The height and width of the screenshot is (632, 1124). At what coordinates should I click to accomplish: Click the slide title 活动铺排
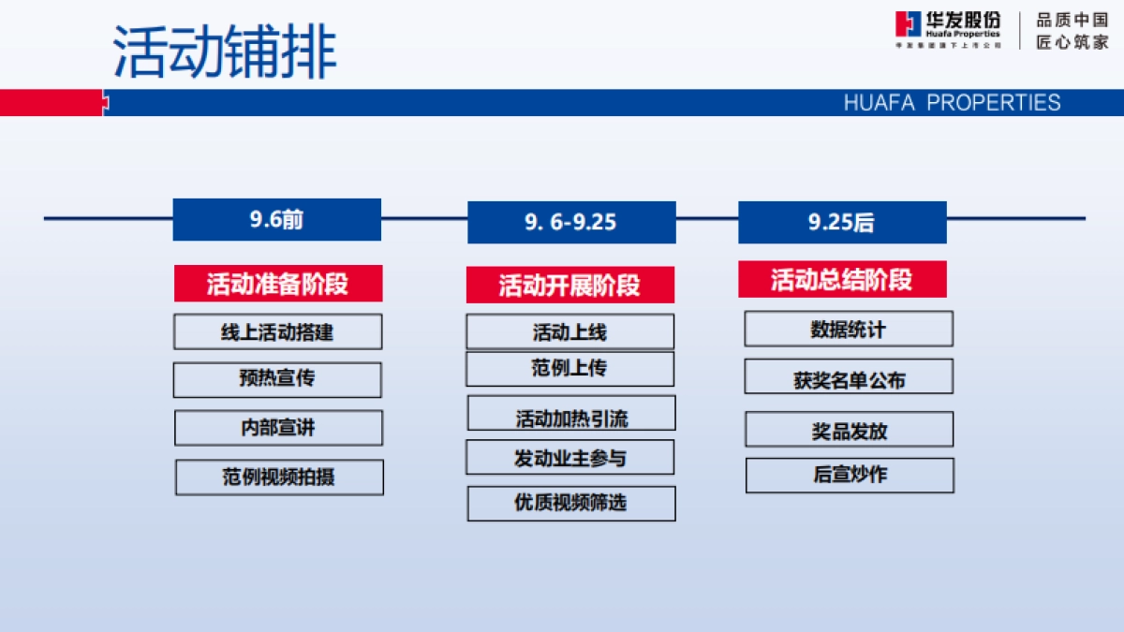coord(225,51)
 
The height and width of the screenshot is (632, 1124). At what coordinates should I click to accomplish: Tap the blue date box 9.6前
coord(277,220)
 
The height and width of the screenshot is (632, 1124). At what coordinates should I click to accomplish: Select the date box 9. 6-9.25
coord(571,222)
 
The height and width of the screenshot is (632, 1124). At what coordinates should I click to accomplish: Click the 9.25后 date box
coord(842,222)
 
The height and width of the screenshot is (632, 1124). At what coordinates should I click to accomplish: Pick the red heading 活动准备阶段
coord(277,284)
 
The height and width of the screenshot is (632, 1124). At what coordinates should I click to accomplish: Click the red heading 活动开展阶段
coord(569,285)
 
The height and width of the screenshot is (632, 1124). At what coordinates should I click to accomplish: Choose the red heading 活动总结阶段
coord(842,279)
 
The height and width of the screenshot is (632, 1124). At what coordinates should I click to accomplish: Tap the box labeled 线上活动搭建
coord(278,332)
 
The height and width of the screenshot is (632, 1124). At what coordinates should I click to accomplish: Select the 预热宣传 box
coord(277,379)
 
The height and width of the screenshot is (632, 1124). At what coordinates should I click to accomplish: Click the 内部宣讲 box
coord(278,428)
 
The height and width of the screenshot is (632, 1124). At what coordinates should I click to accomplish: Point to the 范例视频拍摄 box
coord(279,477)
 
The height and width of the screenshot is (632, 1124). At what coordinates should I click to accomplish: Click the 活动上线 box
coord(569,332)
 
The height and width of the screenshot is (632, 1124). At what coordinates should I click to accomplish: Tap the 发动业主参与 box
coord(569,458)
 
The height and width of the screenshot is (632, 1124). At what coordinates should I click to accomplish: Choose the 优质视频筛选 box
coord(571,503)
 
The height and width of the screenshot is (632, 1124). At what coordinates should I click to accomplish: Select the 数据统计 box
coord(849,330)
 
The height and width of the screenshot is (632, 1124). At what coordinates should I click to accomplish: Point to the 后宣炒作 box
coord(850,475)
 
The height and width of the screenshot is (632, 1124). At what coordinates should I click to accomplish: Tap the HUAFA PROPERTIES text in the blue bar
coord(952,103)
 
